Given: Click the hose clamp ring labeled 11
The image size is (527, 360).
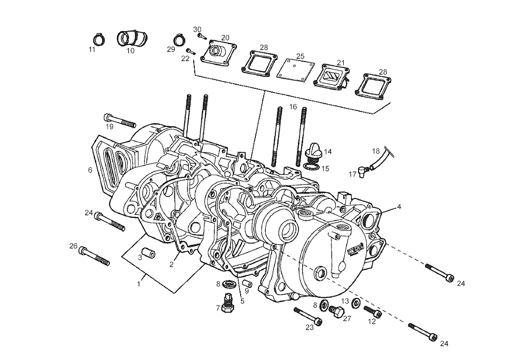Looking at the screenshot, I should tap(97, 39).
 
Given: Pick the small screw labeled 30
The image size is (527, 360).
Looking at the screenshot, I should tap(201, 36).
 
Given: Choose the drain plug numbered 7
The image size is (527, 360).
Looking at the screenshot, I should tap(227, 304).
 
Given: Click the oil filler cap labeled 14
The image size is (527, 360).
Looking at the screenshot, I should tap(313, 153).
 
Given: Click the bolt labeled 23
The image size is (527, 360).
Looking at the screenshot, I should tap(309, 316).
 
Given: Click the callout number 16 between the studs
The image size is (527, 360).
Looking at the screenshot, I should tap(293, 107).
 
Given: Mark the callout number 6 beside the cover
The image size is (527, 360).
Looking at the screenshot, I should tap(90, 170).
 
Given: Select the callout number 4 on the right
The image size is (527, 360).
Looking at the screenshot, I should tap(399, 207).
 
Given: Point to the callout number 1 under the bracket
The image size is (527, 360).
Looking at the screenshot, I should tap(138, 284).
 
